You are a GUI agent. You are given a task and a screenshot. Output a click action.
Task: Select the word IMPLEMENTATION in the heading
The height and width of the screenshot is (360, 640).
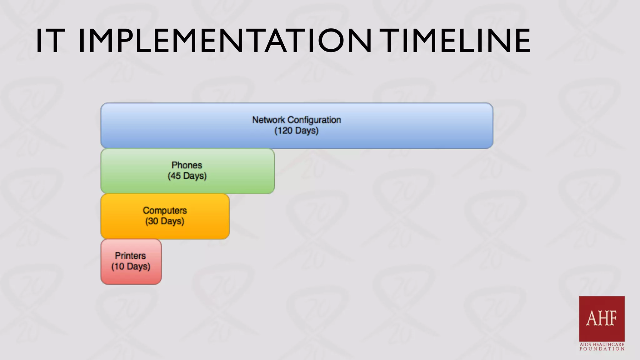pos(225,41)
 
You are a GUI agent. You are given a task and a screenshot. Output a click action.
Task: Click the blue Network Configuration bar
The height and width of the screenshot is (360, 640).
pos(406,126)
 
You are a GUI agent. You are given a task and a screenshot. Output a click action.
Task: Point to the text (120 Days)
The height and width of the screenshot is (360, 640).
pos(296,131)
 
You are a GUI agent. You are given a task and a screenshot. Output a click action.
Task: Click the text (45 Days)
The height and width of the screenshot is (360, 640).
pos(187,176)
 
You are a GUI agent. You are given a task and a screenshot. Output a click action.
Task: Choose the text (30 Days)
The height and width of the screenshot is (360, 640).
pos(165,221)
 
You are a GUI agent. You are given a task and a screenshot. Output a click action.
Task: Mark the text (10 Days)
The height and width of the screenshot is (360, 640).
pos(131,267)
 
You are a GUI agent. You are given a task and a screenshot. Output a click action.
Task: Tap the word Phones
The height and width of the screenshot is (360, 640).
pos(187,165)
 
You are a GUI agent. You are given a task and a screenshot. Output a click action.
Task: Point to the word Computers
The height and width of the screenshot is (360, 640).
pos(165,210)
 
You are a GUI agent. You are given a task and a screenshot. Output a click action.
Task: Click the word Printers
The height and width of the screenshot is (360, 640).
pos(130,256)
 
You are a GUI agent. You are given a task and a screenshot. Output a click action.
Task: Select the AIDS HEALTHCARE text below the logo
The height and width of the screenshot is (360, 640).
pos(602,344)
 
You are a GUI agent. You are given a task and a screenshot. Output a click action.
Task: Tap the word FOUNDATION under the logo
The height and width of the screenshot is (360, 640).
pos(602,349)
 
